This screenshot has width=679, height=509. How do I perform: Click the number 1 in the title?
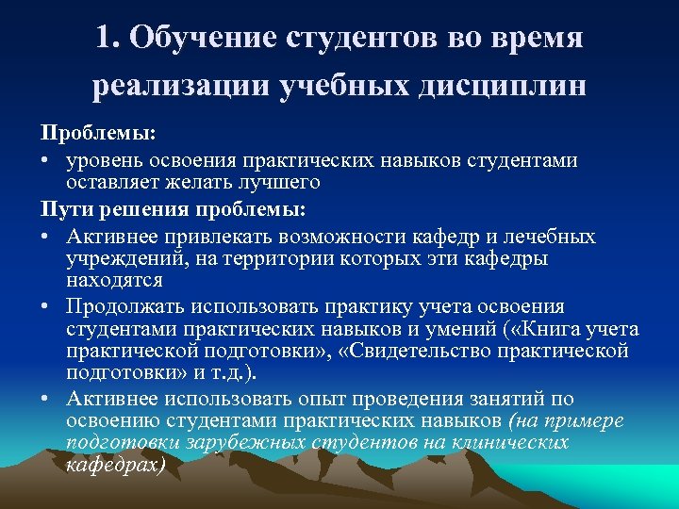tap(103, 38)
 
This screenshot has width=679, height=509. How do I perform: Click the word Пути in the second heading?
tap(61, 205)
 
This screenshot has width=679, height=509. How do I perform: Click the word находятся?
tap(114, 280)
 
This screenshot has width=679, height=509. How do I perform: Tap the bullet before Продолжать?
tap(44, 306)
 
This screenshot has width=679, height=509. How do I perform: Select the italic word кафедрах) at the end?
tap(115, 465)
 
